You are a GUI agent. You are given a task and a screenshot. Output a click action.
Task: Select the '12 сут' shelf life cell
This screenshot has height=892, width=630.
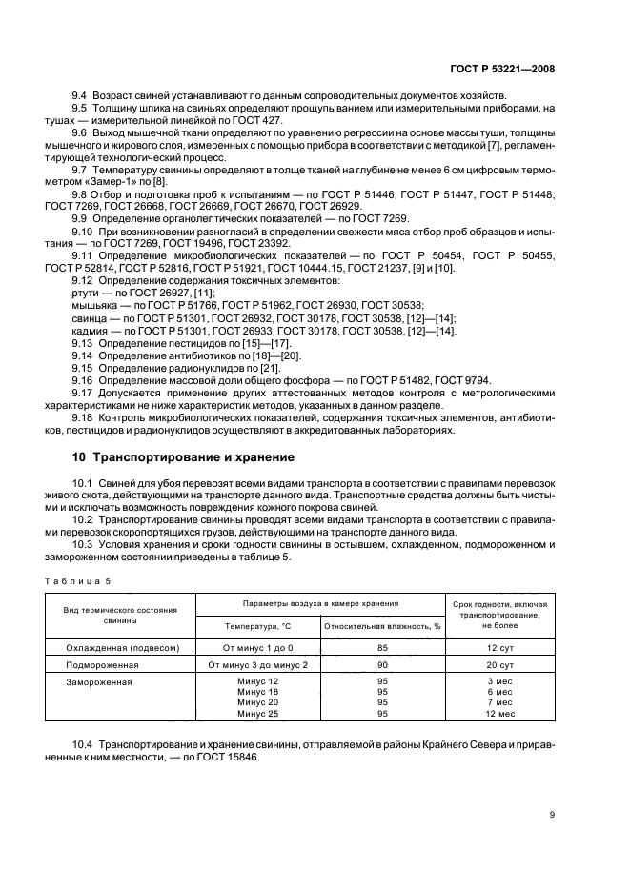click(x=500, y=647)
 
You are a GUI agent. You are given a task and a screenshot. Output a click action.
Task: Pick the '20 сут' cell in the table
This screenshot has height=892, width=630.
click(x=500, y=664)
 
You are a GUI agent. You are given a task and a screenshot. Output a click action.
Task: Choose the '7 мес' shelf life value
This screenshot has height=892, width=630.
click(x=500, y=702)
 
